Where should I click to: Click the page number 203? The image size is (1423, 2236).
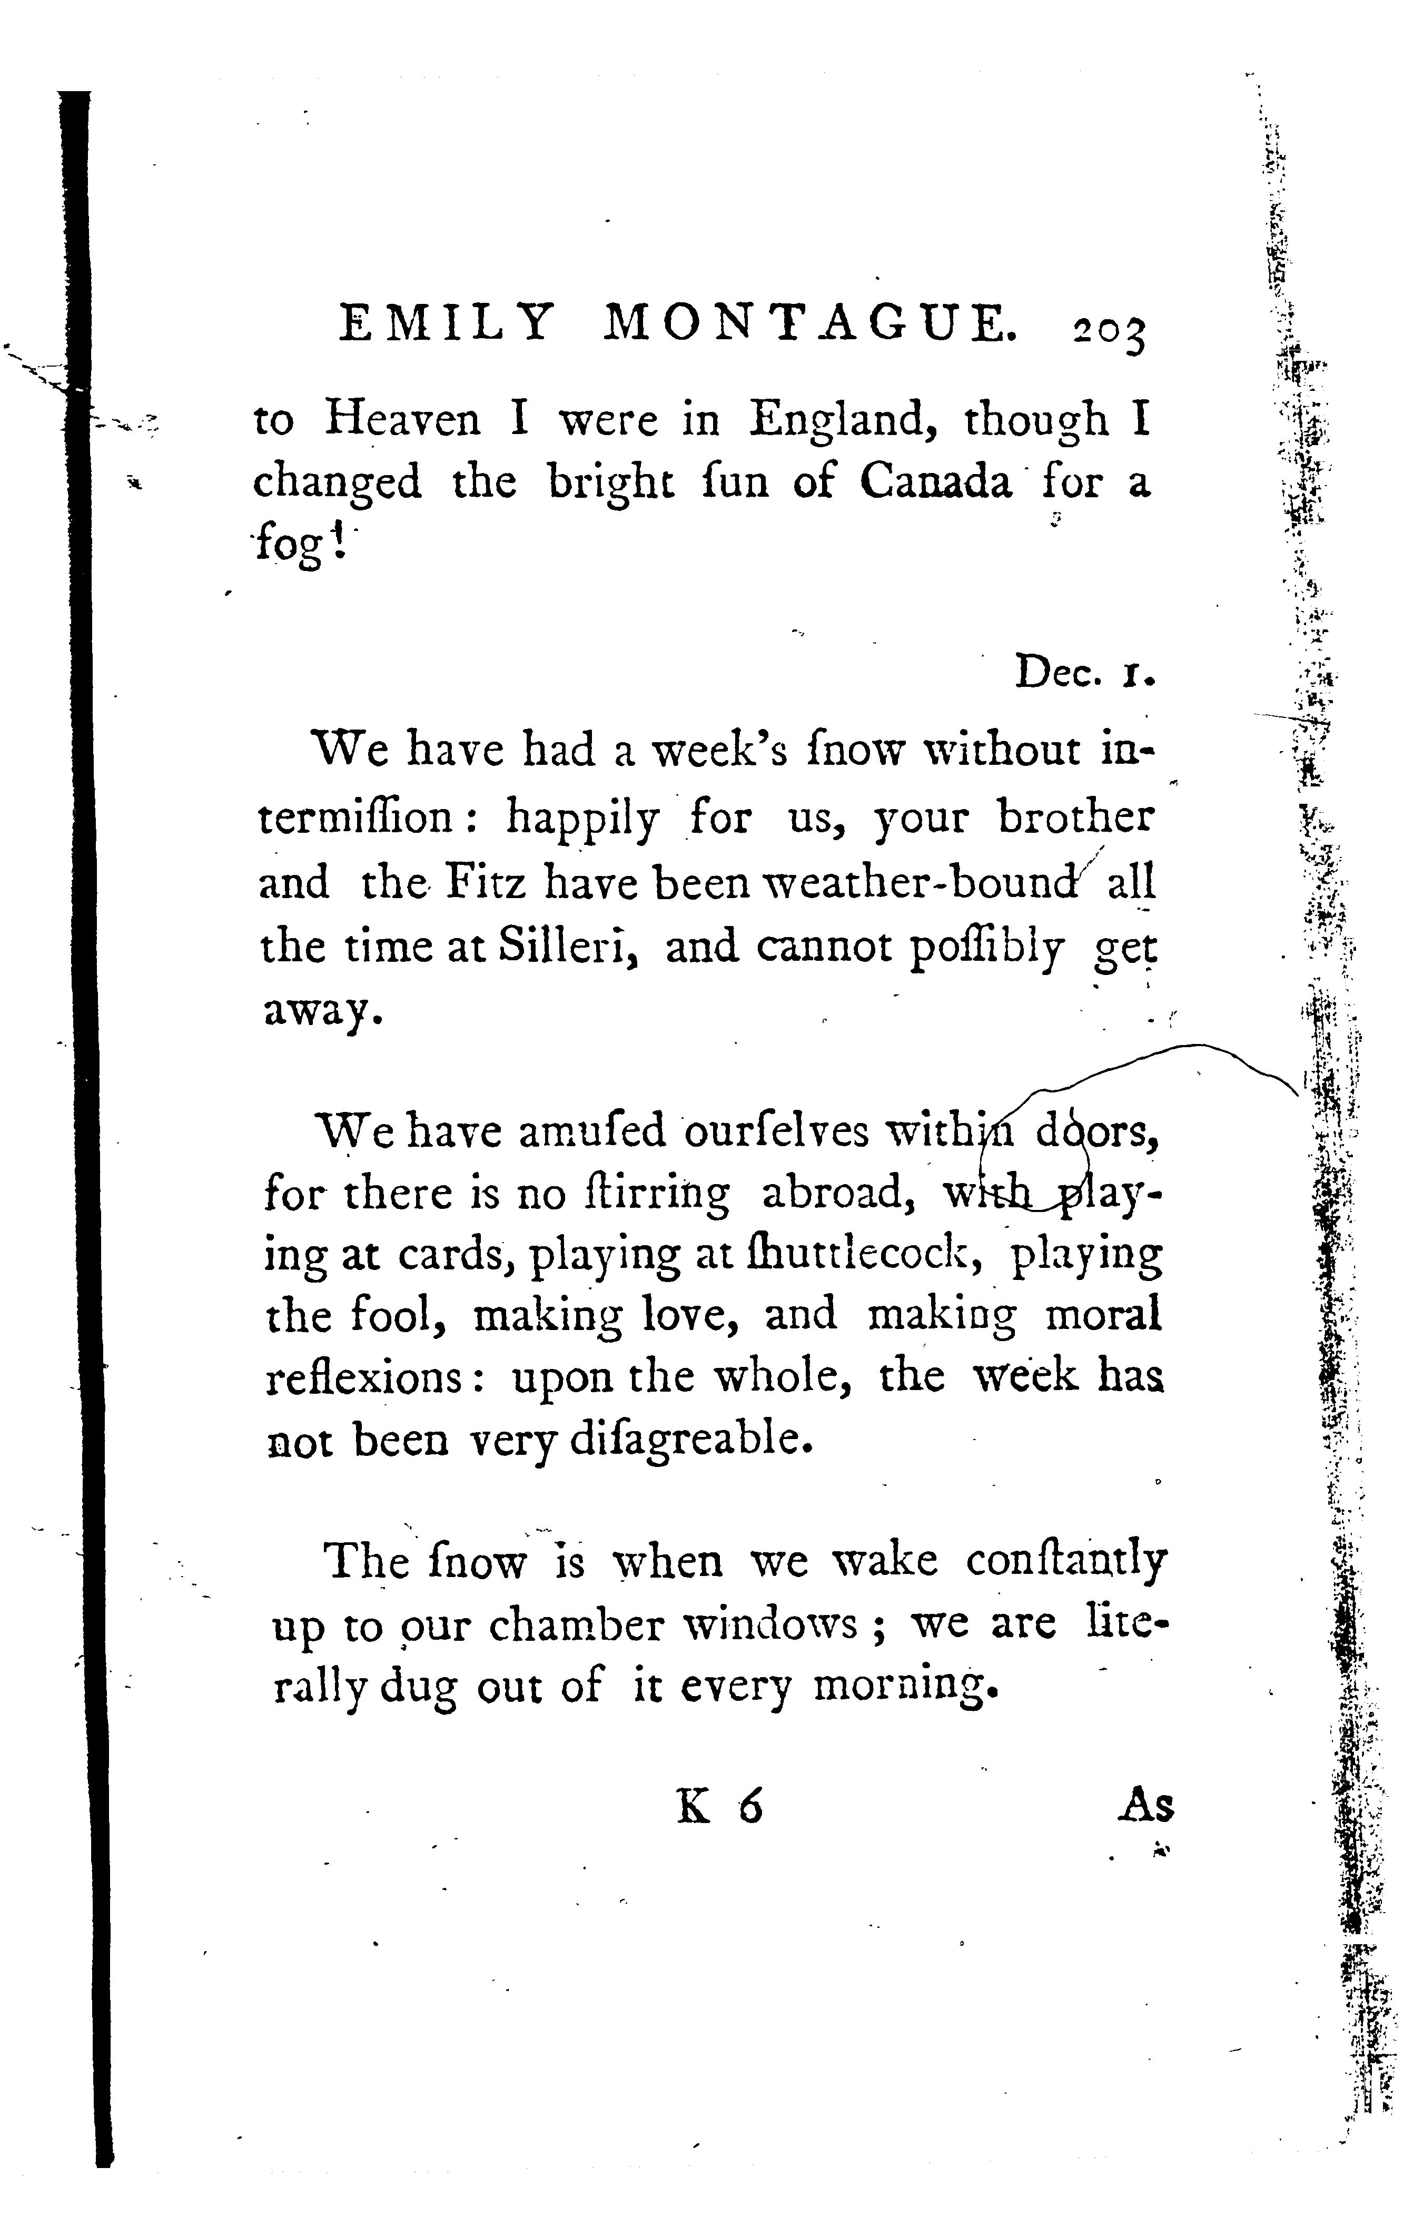(x=1109, y=332)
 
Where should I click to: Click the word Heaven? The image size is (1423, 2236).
(x=402, y=420)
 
